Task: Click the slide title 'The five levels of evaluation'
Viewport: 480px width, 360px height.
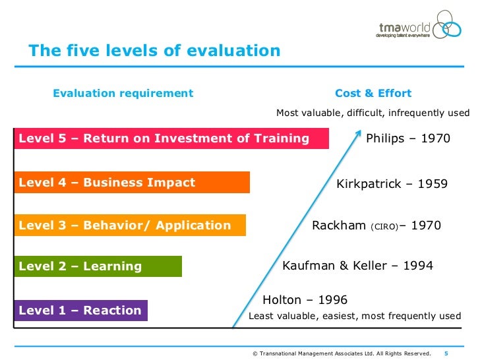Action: click(x=154, y=51)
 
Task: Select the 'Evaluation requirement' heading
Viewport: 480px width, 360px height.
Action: click(x=123, y=93)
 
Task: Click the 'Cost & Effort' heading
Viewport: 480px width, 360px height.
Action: click(x=373, y=93)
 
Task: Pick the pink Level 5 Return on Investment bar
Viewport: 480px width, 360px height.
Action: click(x=171, y=138)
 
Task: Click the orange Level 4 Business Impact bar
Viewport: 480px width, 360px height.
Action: click(x=131, y=183)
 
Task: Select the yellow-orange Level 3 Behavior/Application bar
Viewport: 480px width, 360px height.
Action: click(x=129, y=225)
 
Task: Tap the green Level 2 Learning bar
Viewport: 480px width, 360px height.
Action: click(x=97, y=266)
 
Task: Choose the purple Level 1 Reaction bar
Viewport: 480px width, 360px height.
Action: click(x=80, y=311)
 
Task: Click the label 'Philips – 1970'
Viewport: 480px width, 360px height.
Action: click(x=408, y=138)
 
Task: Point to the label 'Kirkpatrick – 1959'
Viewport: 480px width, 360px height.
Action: click(x=392, y=184)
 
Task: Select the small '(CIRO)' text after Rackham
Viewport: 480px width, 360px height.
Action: click(x=384, y=227)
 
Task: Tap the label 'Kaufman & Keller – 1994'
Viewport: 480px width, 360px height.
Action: click(x=357, y=266)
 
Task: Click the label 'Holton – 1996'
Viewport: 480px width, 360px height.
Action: click(x=305, y=300)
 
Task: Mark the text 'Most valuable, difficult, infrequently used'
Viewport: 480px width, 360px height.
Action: click(x=373, y=113)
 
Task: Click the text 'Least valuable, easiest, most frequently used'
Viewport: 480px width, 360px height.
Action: click(x=354, y=316)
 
